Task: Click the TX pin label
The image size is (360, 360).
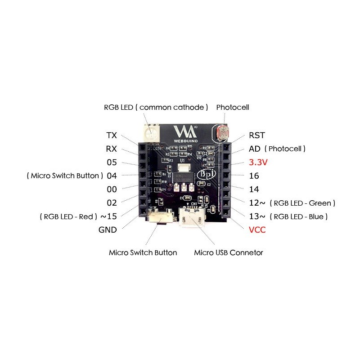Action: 112,135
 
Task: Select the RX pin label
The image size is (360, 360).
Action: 112,149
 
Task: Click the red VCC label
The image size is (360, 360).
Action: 257,230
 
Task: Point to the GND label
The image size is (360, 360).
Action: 108,230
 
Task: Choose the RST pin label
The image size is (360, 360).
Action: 257,135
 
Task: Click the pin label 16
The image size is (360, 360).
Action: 254,176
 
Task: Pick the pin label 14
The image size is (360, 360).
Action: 254,189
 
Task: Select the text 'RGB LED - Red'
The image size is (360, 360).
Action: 69,216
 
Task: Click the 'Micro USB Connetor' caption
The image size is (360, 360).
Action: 229,252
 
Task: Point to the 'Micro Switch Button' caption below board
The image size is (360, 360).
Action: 143,252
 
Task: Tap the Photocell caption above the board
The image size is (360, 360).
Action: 232,108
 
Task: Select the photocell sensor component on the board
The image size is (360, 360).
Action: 223,134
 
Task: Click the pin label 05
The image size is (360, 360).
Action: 112,162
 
